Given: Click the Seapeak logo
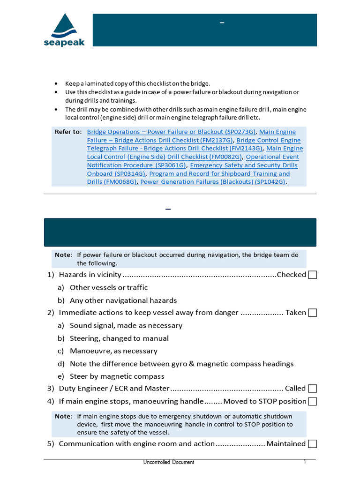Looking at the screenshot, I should [x=64, y=30].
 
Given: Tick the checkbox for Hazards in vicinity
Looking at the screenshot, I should [x=312, y=275].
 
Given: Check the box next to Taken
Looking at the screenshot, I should [x=312, y=313].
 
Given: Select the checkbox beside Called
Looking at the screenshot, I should [x=312, y=389].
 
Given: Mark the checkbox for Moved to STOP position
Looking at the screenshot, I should [x=312, y=401].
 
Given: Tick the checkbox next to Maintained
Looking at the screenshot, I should [x=312, y=444].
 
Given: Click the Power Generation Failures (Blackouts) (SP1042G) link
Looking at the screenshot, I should [x=213, y=182].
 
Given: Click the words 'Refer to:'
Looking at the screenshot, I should [x=68, y=132].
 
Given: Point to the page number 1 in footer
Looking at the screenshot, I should [x=305, y=462].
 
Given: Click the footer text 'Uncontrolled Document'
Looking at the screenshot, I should [x=169, y=462].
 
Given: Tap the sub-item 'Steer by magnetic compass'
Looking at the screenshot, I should [x=117, y=376].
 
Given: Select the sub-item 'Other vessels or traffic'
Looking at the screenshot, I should [x=108, y=287].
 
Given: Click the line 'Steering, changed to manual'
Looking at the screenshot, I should [x=119, y=338].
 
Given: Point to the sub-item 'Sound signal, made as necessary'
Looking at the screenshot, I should [x=126, y=325].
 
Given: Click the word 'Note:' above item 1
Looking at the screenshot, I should [x=64, y=255].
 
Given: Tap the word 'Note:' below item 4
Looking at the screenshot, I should [x=64, y=416].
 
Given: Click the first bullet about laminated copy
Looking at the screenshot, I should [x=134, y=83].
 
